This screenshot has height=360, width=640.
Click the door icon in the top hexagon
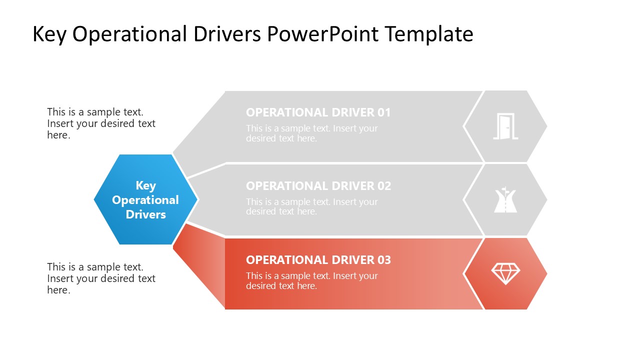tap(505, 126)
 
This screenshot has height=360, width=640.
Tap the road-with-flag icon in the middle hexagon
tap(505, 200)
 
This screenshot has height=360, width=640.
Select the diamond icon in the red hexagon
tap(505, 273)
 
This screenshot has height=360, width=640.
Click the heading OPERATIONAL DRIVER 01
tap(318, 112)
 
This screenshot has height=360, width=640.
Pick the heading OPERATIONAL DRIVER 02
tap(318, 186)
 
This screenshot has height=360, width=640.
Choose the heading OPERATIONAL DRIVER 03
tap(318, 260)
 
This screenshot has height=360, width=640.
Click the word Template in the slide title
tap(429, 34)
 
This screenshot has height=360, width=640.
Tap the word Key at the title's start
tap(49, 34)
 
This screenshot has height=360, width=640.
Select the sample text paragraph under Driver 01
tap(311, 133)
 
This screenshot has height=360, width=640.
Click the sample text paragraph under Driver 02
tap(311, 207)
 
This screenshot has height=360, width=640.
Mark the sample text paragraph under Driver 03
tap(311, 281)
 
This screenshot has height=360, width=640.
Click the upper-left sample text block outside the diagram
tap(101, 123)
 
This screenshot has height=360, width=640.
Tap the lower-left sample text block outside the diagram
tap(101, 278)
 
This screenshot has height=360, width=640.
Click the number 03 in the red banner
tap(383, 260)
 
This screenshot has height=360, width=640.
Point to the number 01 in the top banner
tap(383, 112)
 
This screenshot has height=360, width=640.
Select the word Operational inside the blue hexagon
tap(145, 200)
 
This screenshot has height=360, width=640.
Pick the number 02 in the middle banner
tap(383, 186)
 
